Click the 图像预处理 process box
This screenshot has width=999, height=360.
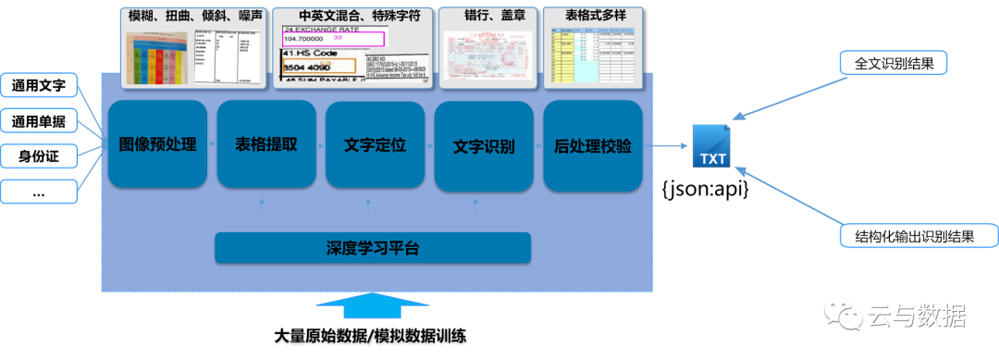pos(157,145)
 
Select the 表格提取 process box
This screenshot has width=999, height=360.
pos(266,145)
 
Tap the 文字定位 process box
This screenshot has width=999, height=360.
pos(375,145)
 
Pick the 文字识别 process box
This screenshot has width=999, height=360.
pos(484,146)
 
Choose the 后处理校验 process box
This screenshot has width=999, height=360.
pos(593,146)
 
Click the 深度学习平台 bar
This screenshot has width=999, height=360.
pos(373,248)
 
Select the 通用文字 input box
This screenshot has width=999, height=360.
pos(39,87)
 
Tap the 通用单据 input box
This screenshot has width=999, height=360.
pos(39,121)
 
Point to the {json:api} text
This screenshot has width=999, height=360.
pos(705,189)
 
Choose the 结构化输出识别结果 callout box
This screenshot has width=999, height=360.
pos(919,236)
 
